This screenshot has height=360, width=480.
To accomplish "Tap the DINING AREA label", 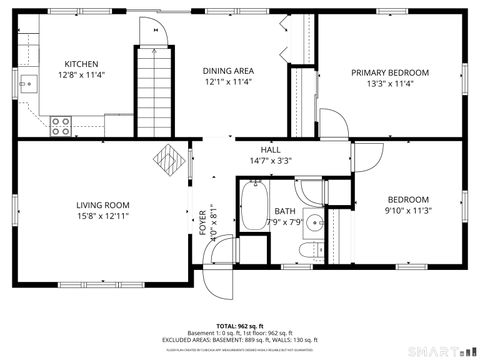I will [229, 70].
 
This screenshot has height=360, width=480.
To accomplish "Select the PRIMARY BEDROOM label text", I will [389, 73].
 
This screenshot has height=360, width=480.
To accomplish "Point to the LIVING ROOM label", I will [103, 205].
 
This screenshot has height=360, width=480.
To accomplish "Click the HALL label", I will [270, 149].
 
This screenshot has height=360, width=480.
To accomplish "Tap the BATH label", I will [285, 211].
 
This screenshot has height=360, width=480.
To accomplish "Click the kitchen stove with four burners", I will [61, 126].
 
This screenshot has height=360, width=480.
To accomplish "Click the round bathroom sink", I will [314, 222].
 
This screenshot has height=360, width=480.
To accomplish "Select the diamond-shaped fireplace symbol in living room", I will [167, 158].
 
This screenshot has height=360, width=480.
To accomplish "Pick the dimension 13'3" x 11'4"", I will [389, 85].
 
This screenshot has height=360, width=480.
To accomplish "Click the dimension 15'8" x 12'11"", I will [103, 217].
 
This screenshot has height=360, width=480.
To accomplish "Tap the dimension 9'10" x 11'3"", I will [407, 211].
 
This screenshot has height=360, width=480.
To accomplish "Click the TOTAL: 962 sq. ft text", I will [239, 326].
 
